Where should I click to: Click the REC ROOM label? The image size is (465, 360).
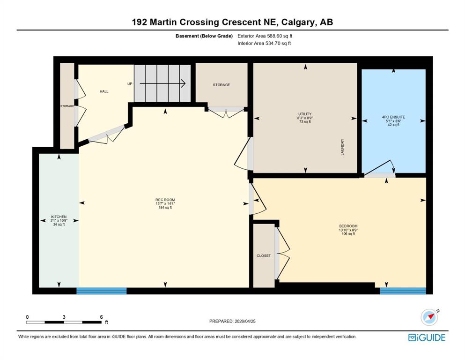165,200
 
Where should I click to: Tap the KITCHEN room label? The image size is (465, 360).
59,217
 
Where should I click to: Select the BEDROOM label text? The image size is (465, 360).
348,226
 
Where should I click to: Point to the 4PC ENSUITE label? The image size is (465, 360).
393,117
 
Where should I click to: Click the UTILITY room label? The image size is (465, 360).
305,114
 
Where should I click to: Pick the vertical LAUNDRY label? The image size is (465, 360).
342,147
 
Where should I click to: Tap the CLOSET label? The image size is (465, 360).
264,255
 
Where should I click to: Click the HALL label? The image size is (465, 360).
104,91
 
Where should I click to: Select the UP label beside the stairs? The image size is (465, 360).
130,84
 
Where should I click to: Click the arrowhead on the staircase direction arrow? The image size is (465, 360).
184,84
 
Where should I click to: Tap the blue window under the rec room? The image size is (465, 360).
102,291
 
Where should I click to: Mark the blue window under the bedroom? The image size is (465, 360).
403,291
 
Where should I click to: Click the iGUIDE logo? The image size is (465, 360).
427,338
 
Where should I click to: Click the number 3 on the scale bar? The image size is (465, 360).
64,317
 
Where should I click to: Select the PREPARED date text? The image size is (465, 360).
232,321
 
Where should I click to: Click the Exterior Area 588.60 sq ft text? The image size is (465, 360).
265,36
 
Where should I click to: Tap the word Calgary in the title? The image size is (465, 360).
298,22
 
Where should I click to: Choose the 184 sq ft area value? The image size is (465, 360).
165,208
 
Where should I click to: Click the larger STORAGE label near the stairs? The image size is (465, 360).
221,85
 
